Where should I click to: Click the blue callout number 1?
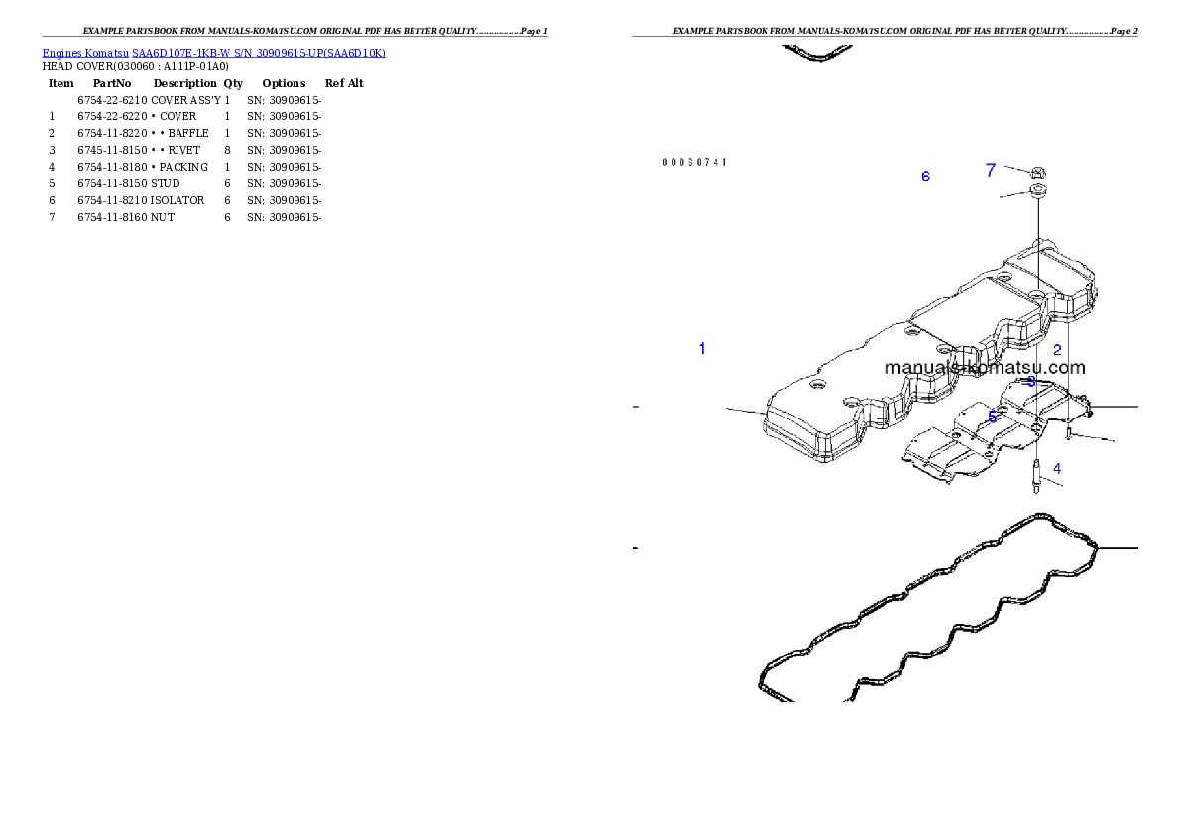(702, 349)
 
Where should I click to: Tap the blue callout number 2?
(1057, 350)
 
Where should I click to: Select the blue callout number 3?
(1031, 381)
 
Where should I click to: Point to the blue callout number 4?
(1057, 468)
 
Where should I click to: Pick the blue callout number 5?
(993, 417)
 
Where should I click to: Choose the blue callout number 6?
(925, 177)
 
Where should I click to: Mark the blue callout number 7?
(990, 171)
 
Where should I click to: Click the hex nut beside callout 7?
(1037, 172)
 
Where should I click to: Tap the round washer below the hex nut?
(1037, 190)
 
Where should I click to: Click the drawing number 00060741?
(694, 162)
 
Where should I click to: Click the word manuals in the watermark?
(916, 367)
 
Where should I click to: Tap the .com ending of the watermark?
(1065, 367)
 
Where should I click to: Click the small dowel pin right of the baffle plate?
(1069, 434)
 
